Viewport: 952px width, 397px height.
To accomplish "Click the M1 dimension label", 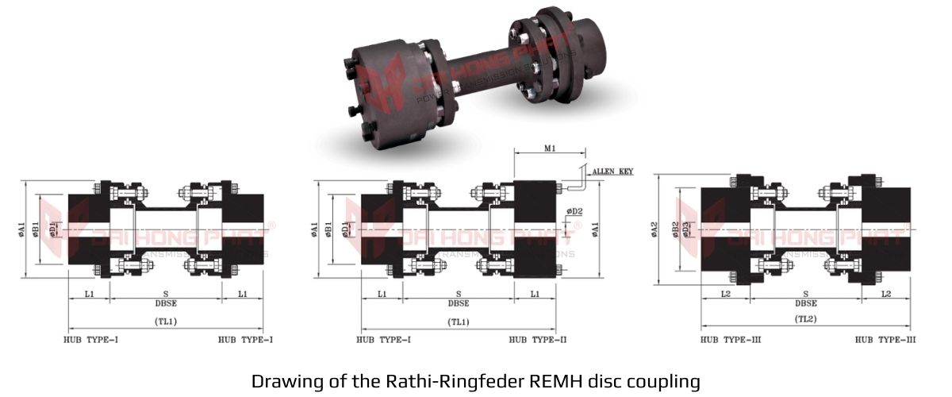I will (550, 147).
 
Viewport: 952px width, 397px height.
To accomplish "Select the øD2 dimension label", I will (574, 211).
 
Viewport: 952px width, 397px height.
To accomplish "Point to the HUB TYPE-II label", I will (538, 340).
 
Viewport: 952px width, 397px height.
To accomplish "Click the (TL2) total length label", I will (806, 319).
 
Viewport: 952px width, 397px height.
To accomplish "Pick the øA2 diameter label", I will (655, 229).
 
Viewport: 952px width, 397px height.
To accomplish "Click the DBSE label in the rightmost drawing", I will (806, 303).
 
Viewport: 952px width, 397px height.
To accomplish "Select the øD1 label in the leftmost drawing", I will (53, 229).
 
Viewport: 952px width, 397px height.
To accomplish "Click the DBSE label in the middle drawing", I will (459, 303).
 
